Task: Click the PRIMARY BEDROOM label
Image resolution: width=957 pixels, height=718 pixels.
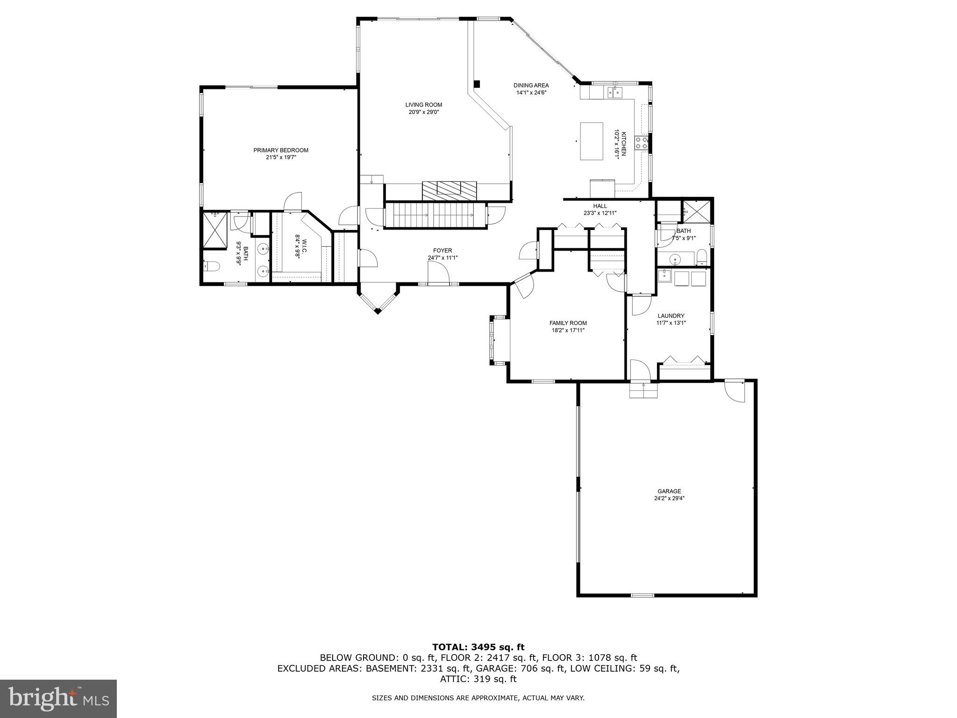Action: (281, 150)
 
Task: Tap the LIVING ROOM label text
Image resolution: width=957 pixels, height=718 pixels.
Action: (423, 105)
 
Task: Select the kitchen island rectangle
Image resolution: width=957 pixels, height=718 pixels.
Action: (592, 141)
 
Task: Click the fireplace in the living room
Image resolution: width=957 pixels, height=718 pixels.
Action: (449, 188)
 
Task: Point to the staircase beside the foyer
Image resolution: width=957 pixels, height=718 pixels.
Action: (435, 215)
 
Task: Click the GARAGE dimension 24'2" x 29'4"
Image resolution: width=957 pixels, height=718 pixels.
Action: (669, 498)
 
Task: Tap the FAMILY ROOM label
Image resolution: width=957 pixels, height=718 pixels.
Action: (568, 323)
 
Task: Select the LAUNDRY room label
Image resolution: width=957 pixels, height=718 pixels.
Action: (671, 316)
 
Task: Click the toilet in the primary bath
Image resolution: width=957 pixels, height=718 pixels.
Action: (213, 266)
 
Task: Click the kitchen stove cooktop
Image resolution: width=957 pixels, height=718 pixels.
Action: (641, 143)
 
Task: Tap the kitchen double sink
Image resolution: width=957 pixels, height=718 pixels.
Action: (614, 93)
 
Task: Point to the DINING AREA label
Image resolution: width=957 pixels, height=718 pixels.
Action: (531, 86)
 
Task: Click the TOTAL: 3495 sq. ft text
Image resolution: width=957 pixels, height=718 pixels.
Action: (478, 647)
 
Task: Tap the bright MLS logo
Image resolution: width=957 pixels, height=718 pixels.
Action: (58, 698)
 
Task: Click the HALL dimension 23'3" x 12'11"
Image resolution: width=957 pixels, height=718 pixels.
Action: (600, 213)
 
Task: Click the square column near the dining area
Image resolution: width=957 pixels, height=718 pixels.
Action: (477, 84)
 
